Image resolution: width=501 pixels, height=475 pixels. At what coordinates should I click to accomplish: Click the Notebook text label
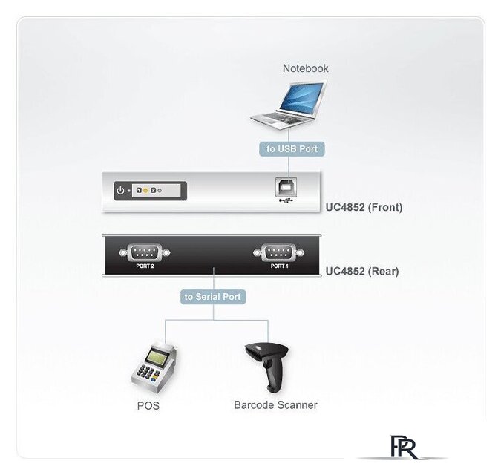[306, 68]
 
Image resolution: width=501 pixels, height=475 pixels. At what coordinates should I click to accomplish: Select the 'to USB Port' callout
[292, 149]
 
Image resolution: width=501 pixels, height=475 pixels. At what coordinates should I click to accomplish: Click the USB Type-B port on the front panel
[286, 188]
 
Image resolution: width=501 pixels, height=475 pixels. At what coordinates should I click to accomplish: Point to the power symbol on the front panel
[120, 191]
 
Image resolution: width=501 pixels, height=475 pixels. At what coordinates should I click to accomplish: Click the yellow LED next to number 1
[145, 191]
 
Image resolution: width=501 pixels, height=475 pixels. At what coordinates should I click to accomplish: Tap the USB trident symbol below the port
[286, 201]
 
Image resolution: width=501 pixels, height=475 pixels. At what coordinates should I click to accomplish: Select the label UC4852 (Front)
[364, 207]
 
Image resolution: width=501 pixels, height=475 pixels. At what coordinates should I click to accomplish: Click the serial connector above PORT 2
[145, 252]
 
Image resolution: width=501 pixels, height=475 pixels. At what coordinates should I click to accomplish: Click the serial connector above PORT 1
[278, 252]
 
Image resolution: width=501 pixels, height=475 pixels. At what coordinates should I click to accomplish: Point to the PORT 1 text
[280, 266]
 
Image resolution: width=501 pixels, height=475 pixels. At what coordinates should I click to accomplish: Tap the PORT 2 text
[145, 266]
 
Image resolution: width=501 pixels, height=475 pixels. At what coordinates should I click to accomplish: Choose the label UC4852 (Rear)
[362, 272]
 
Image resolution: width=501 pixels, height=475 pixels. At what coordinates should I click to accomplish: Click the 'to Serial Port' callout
[213, 297]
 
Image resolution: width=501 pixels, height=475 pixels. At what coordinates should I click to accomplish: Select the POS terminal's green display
[157, 358]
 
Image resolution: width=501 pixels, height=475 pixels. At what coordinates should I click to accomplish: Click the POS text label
[148, 406]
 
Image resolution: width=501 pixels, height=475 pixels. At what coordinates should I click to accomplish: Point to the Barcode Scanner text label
[276, 405]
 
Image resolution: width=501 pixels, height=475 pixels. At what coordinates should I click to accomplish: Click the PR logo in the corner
[403, 448]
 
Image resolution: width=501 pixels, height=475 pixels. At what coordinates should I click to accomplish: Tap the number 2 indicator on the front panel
[153, 191]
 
